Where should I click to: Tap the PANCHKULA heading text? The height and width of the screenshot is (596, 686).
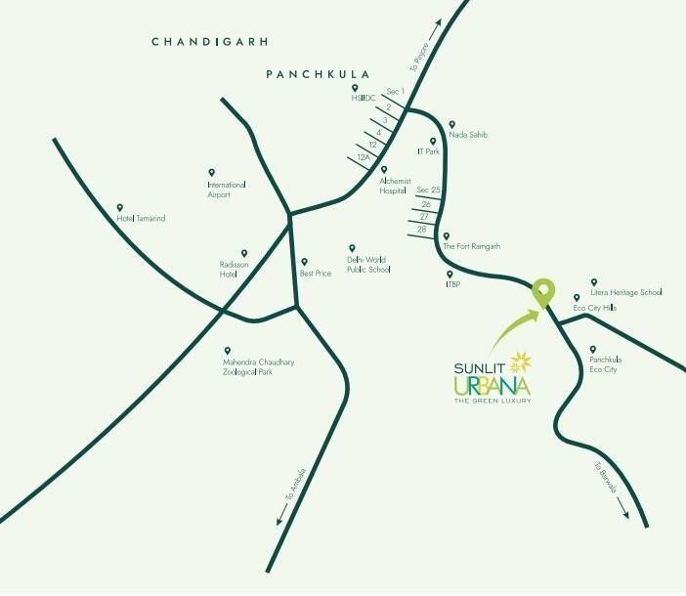[305, 74]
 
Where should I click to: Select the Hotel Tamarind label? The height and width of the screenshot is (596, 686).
[142, 219]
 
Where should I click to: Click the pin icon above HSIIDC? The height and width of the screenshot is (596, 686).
[355, 88]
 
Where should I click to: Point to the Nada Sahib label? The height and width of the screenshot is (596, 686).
[467, 134]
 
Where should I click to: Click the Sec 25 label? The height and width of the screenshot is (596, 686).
[429, 189]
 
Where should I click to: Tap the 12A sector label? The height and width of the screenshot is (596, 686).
[364, 156]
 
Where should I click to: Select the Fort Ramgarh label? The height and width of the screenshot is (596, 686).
[472, 247]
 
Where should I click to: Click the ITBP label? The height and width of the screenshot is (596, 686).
[453, 284]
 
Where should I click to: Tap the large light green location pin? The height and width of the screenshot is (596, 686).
[542, 291]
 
